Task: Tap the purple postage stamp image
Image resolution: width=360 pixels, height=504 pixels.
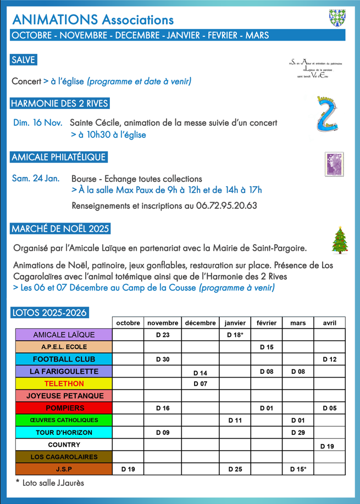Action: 333,164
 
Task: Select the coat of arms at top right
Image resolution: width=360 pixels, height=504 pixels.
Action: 337,18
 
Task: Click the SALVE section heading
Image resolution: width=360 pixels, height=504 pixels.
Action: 23,60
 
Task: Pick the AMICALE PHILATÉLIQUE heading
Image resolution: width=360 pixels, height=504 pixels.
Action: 58,157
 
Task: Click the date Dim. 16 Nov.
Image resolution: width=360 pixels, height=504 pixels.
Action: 37,123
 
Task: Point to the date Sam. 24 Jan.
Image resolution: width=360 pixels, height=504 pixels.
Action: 36,179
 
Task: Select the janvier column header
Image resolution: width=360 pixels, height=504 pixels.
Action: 235,323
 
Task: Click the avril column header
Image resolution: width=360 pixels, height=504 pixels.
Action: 329,323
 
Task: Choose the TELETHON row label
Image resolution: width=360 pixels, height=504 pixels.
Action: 64,384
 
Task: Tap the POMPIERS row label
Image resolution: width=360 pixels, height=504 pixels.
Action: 64,408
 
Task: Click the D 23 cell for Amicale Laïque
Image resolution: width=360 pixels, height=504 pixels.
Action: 163,335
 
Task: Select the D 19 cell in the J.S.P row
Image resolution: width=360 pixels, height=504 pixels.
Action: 128,469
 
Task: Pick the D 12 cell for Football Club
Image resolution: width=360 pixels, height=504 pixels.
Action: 329,359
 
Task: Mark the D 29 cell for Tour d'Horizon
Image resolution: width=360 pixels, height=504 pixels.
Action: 298,433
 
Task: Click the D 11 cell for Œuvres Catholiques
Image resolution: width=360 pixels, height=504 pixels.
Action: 235,420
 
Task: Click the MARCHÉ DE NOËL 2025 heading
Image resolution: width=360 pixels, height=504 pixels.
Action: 60,229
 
